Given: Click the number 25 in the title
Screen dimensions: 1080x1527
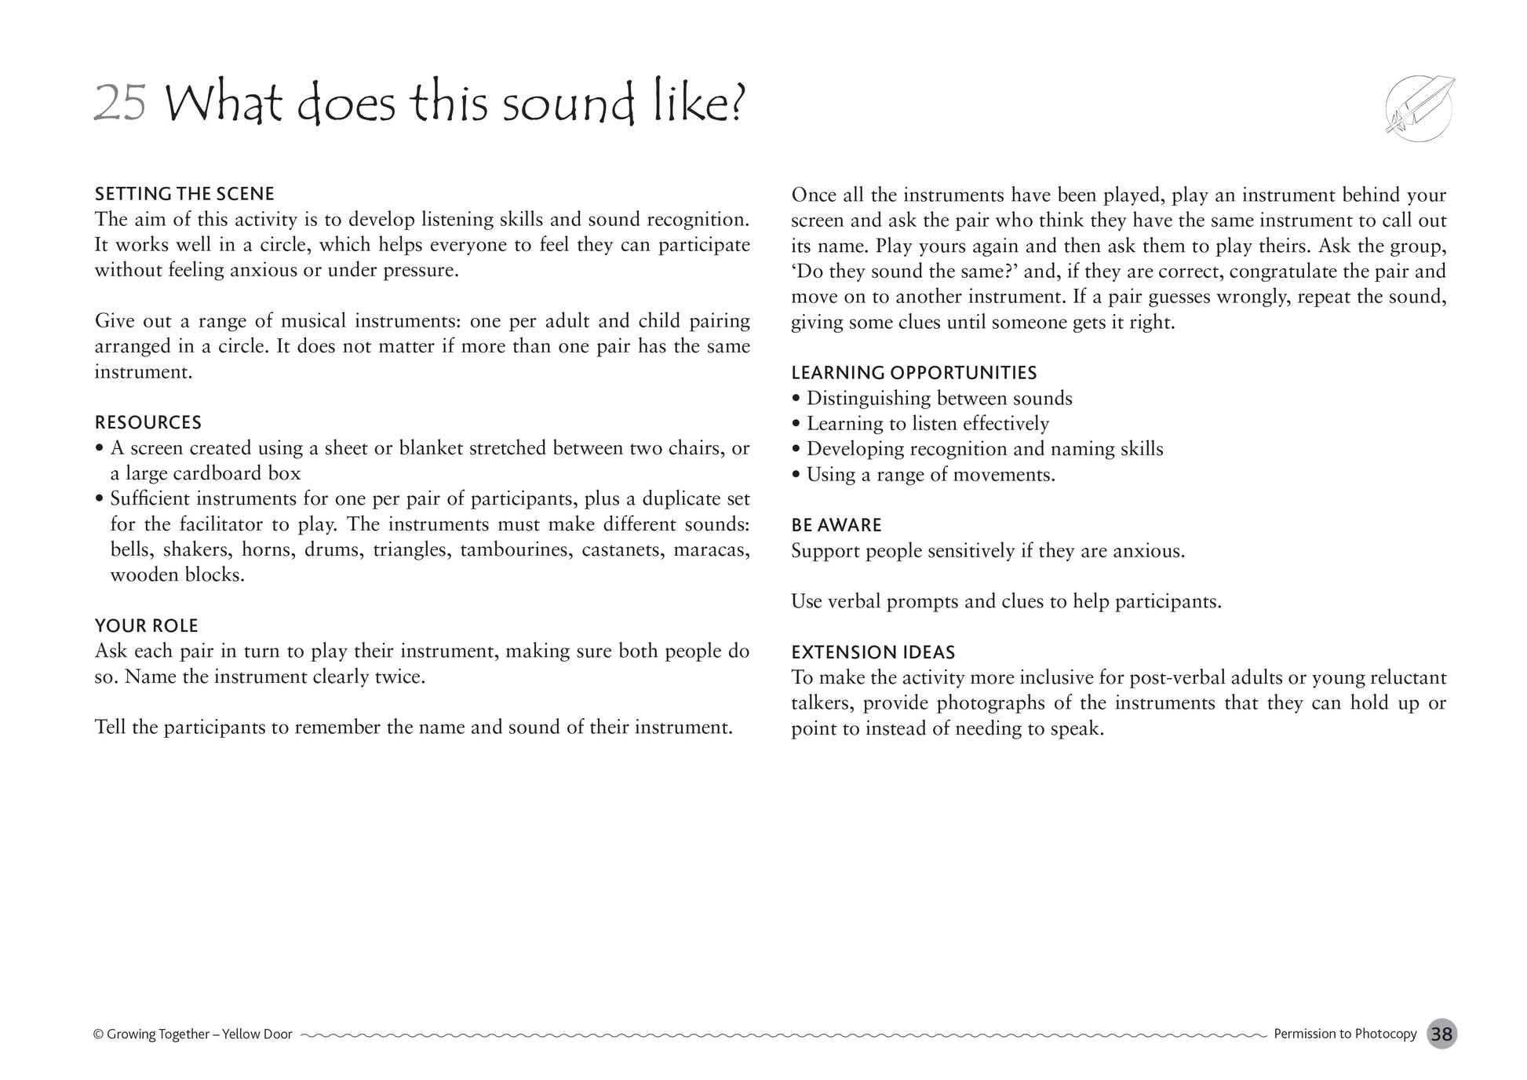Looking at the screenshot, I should (120, 104).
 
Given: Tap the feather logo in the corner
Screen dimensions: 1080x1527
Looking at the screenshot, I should (1419, 108).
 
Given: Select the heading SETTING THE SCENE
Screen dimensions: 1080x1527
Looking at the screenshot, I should (184, 194).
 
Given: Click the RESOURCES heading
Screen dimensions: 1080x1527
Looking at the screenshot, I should (148, 423).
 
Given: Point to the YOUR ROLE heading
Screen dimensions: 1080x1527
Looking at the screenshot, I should (147, 626).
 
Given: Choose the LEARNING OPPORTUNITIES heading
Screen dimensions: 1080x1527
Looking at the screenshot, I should (913, 373).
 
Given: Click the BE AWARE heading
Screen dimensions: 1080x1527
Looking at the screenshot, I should (836, 525).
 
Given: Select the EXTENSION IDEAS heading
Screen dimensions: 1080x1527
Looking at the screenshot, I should (873, 652).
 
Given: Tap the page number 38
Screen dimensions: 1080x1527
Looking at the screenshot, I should (1441, 1034).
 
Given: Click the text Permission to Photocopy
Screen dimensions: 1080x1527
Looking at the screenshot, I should (1345, 1034).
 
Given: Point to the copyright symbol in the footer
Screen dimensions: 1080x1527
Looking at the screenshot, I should (98, 1034).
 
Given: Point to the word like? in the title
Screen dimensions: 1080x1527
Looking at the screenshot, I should (700, 104).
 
